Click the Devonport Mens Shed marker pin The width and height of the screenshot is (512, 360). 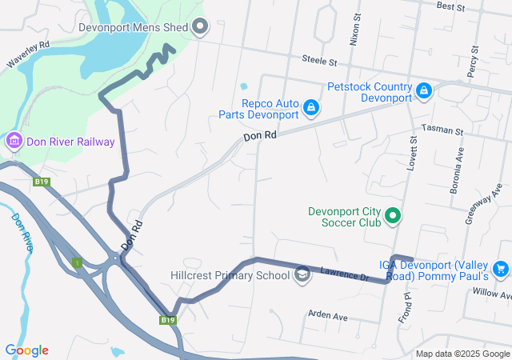coord(200,27)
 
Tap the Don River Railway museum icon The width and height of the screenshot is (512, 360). coord(14,142)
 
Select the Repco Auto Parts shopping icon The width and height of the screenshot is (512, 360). coord(311,106)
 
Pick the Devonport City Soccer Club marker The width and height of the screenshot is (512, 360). coord(393,215)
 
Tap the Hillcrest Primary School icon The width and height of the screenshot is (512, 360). coord(302,275)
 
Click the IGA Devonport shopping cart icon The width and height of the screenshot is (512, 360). coord(501,269)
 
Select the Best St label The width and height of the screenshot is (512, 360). coord(451,6)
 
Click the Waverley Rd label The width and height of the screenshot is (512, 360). coord(28,54)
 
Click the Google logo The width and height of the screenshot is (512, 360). coord(26,350)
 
